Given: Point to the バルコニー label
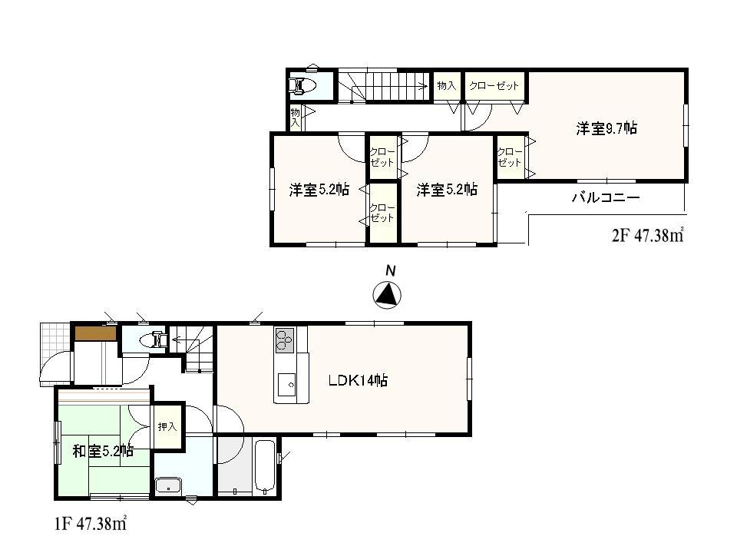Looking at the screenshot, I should click(605, 198).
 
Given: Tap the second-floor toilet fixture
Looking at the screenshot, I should click(302, 85).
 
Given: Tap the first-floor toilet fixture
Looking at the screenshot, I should click(156, 338).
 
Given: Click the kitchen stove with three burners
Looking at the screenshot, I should click(285, 339).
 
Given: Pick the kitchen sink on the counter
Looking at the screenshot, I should click(288, 381).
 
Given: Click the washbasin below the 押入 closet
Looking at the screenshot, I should click(167, 485).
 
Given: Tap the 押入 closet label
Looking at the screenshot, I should click(167, 427).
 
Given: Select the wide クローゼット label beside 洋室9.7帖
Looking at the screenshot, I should click(494, 86).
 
